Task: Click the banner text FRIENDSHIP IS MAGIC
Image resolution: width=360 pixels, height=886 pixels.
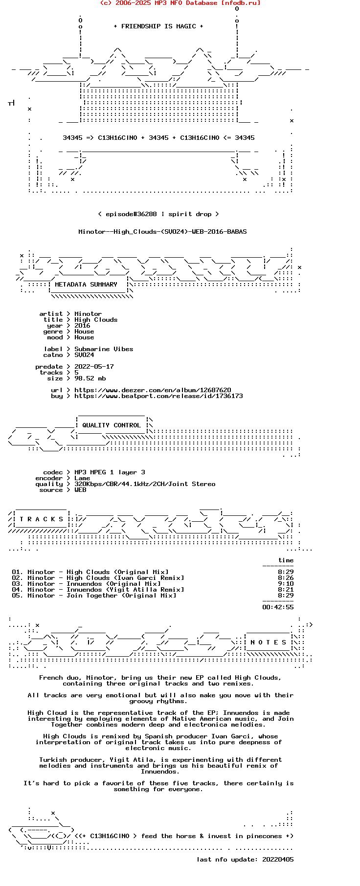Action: pos(158,26)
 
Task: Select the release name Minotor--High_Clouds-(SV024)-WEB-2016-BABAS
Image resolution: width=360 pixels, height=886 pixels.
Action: pos(162,232)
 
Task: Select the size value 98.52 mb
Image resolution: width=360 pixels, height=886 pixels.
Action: pos(90,378)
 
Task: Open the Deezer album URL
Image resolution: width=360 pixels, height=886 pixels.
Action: pos(153,390)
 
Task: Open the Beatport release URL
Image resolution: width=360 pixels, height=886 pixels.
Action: pos(158,396)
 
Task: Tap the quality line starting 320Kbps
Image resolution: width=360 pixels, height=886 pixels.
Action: pos(145,484)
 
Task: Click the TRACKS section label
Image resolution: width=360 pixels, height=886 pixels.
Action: pos(42,519)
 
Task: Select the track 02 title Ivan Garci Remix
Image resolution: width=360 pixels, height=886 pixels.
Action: pos(125,578)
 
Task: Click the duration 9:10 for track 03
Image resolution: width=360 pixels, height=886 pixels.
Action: pos(286,584)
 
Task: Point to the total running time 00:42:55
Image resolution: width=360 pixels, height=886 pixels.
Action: pos(278,607)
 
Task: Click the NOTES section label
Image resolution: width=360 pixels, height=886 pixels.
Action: pos(269,642)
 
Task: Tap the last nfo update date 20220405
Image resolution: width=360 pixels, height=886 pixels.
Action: pos(278,860)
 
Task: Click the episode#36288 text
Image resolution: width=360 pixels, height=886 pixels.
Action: pos(131,214)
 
